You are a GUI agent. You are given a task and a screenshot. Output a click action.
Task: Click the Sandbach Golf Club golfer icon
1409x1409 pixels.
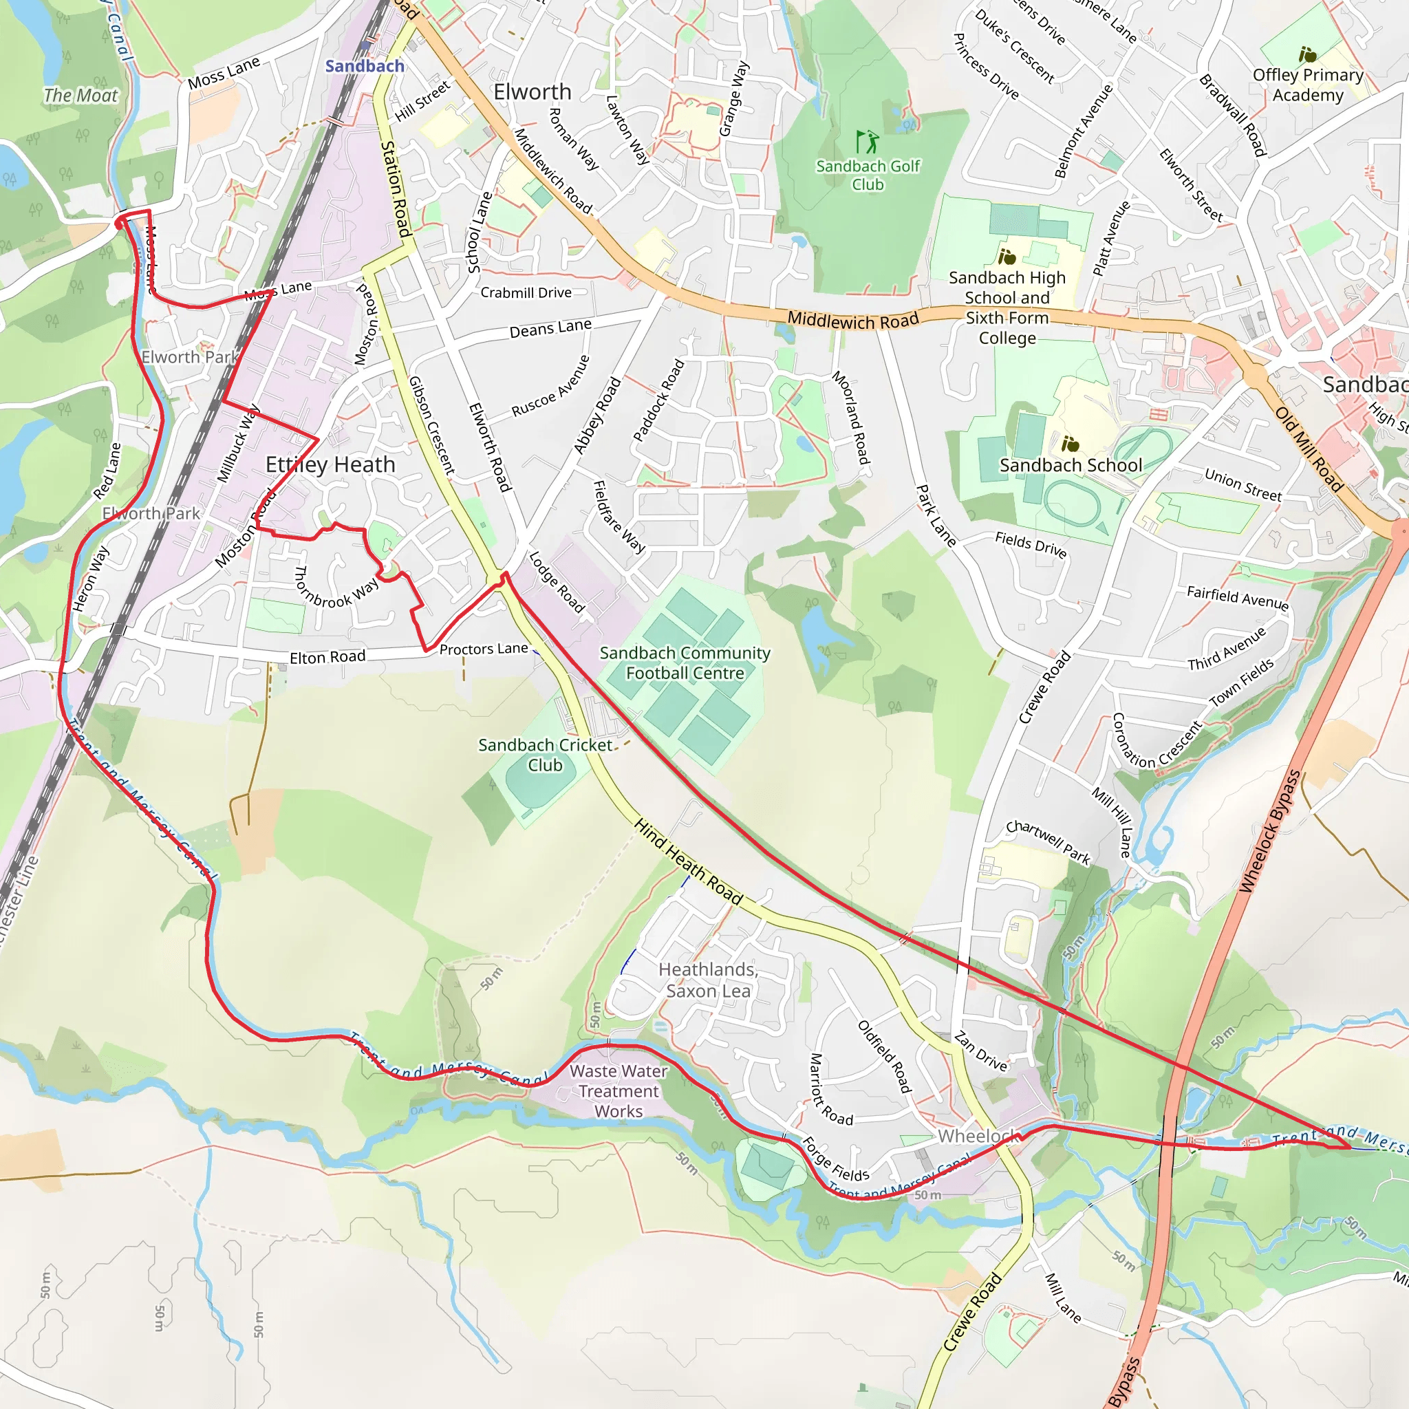(x=867, y=142)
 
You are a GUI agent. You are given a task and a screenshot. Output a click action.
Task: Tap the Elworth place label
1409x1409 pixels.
(x=533, y=92)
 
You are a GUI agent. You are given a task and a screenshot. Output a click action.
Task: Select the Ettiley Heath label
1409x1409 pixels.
(x=330, y=464)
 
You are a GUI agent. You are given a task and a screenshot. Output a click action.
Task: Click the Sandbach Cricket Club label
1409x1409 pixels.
(x=545, y=755)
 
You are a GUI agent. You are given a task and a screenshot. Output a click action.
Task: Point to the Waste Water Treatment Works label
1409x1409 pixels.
(x=619, y=1091)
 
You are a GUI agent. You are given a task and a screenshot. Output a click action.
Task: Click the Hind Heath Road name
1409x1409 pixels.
(x=688, y=862)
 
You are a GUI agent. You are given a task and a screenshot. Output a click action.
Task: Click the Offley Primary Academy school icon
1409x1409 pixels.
(x=1308, y=55)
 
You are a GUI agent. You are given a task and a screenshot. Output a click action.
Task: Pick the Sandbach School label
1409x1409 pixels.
(x=1071, y=465)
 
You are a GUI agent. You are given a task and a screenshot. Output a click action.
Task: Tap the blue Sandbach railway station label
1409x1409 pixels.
(x=365, y=66)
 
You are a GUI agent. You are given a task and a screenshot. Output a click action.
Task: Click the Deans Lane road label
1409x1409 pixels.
(x=550, y=328)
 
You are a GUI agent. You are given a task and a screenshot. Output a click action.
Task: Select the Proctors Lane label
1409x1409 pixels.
(x=484, y=649)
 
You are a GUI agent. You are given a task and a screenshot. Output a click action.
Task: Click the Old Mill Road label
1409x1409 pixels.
(x=1309, y=449)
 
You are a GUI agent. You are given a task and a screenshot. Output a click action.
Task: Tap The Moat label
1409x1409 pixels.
(x=80, y=96)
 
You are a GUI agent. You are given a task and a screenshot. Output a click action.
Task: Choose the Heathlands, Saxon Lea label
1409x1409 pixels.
(x=708, y=980)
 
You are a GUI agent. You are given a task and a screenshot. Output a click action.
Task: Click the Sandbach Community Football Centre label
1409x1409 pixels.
(x=685, y=663)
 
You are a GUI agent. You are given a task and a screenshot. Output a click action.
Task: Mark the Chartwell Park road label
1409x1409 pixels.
(x=1048, y=841)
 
